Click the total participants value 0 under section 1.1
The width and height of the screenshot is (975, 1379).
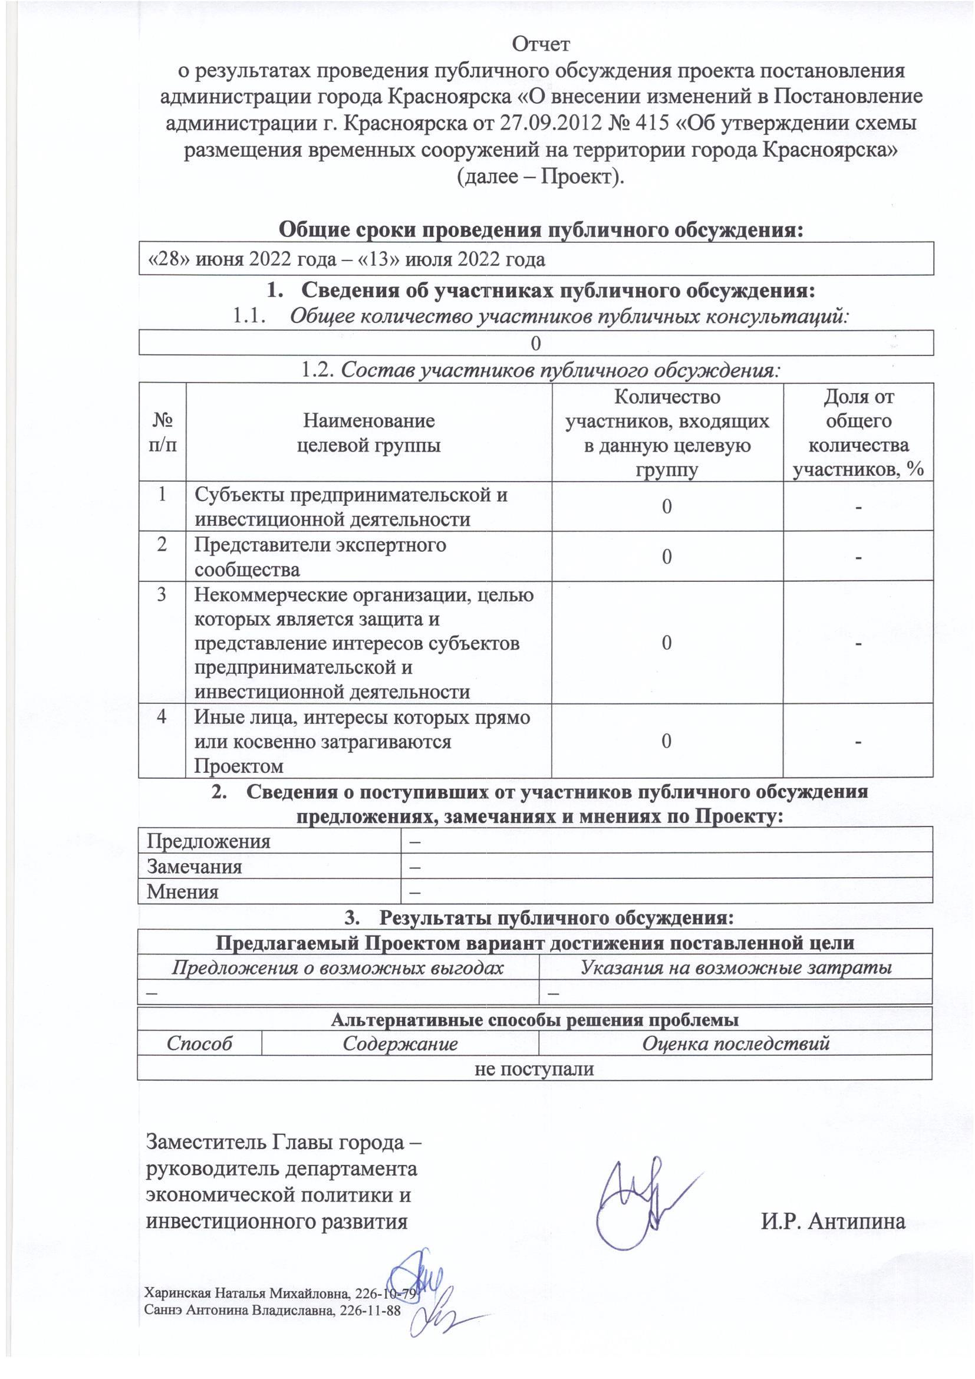click(x=536, y=343)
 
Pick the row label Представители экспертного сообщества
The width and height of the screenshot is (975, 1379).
click(x=320, y=556)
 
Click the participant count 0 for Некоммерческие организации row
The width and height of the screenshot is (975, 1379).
click(x=667, y=643)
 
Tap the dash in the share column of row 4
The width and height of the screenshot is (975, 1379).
click(x=858, y=742)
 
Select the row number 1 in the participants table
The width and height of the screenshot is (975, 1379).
click(x=162, y=494)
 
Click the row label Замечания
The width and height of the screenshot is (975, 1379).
click(x=195, y=867)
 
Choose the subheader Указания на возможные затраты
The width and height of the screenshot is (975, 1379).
click(x=736, y=967)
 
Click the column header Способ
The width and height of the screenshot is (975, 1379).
click(x=199, y=1044)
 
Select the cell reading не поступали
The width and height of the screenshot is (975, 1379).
click(x=534, y=1068)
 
